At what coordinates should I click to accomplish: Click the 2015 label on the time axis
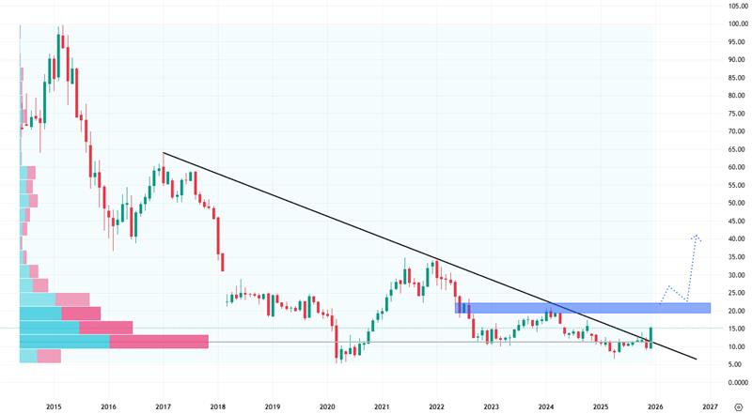click(54, 406)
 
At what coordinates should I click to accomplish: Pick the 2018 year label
click(218, 406)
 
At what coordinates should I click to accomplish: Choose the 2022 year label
click(436, 406)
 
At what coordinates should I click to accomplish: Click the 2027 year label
click(710, 406)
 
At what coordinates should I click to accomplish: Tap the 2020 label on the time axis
click(327, 406)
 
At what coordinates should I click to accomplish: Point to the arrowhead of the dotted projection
click(696, 236)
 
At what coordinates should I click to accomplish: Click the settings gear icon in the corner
click(737, 406)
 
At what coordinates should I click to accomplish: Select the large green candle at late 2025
click(650, 337)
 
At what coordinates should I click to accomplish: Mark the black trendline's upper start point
click(163, 153)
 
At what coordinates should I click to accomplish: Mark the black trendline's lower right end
click(697, 359)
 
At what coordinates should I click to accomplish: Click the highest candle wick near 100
click(61, 29)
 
